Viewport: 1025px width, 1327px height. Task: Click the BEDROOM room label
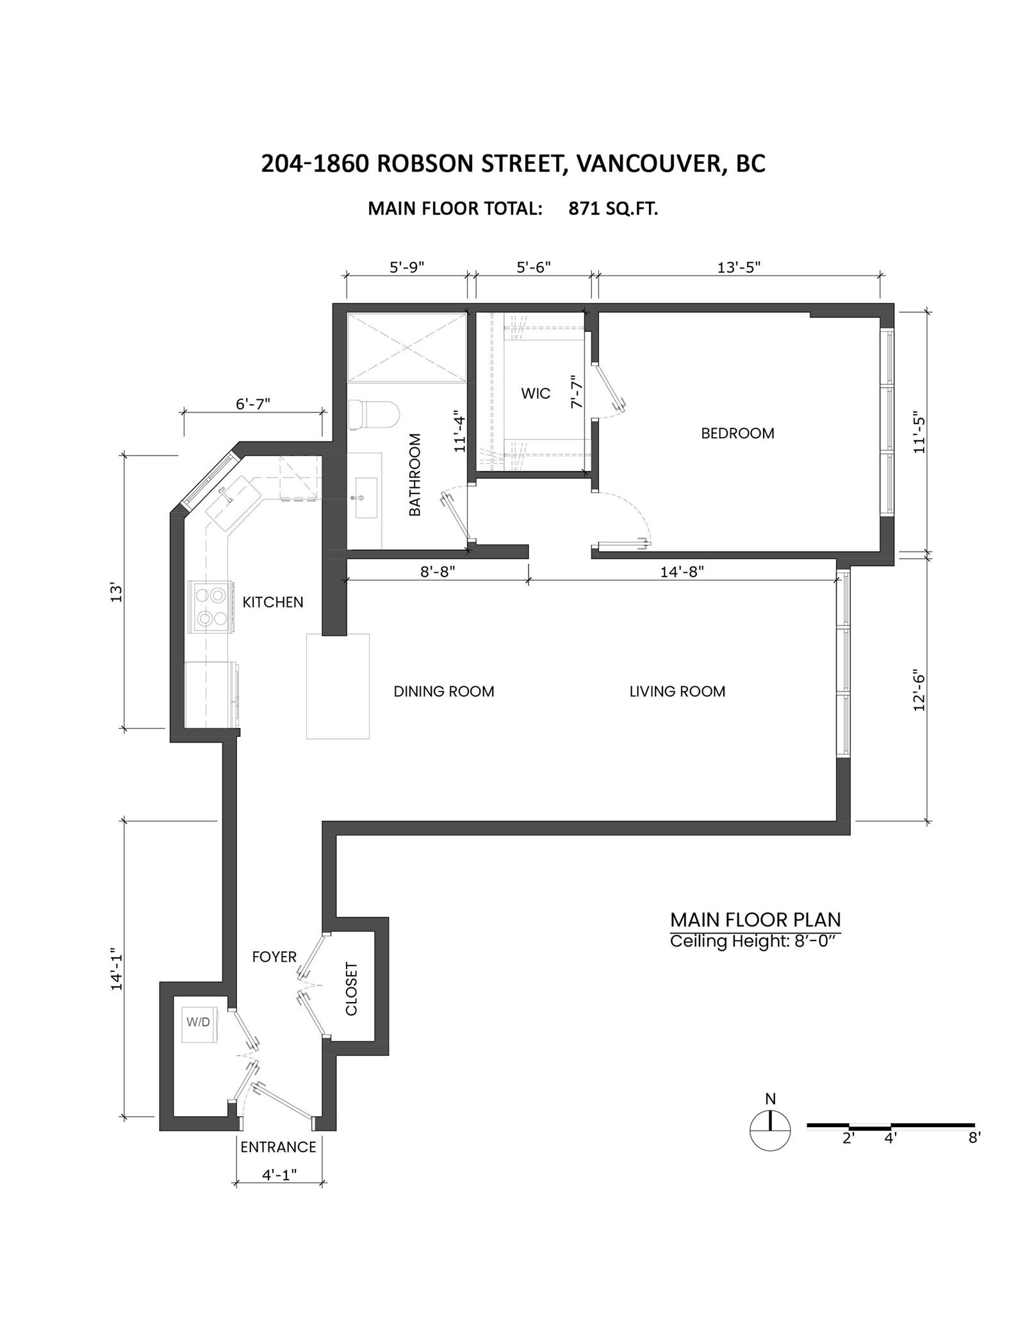point(737,433)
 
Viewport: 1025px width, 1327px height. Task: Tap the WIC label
point(536,393)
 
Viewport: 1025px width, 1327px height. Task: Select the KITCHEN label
point(273,602)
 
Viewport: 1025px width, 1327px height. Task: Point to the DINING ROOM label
point(444,691)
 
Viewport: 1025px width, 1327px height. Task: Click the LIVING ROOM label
point(677,691)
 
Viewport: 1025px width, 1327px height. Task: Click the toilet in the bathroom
point(375,415)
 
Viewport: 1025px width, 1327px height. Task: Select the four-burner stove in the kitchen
point(209,607)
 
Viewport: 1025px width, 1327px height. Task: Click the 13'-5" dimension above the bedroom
point(739,267)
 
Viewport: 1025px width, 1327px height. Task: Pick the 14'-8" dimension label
point(682,572)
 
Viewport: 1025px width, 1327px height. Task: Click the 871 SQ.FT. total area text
point(613,209)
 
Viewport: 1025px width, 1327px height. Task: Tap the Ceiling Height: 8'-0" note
point(754,941)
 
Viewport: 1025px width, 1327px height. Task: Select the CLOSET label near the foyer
point(351,989)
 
